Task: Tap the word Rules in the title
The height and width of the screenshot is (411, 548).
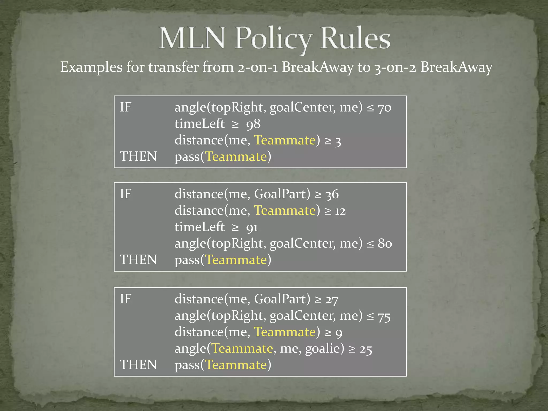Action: [x=355, y=38]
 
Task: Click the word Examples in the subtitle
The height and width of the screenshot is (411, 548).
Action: [x=91, y=67]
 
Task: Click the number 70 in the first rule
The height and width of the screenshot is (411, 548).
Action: [x=384, y=108]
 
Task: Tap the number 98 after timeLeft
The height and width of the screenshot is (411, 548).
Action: [x=253, y=124]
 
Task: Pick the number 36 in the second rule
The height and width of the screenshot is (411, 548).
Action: [x=332, y=194]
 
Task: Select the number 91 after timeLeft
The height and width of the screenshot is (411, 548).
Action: [x=252, y=227]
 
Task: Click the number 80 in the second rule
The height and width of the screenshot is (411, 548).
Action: [x=385, y=243]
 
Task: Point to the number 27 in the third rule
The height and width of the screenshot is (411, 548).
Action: [x=332, y=299]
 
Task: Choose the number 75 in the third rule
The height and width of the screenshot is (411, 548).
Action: [x=384, y=316]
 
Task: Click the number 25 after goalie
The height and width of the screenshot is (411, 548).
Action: [x=366, y=349]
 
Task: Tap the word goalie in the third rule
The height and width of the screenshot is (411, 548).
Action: [x=325, y=349]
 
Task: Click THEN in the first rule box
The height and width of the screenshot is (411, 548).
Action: [x=138, y=157]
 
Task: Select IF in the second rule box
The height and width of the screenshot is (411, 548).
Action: [x=125, y=194]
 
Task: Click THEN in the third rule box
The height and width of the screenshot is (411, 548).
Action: [x=138, y=365]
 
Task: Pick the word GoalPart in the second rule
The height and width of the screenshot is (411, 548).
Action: [x=282, y=194]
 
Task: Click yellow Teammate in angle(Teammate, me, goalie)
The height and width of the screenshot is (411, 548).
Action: [x=242, y=348]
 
